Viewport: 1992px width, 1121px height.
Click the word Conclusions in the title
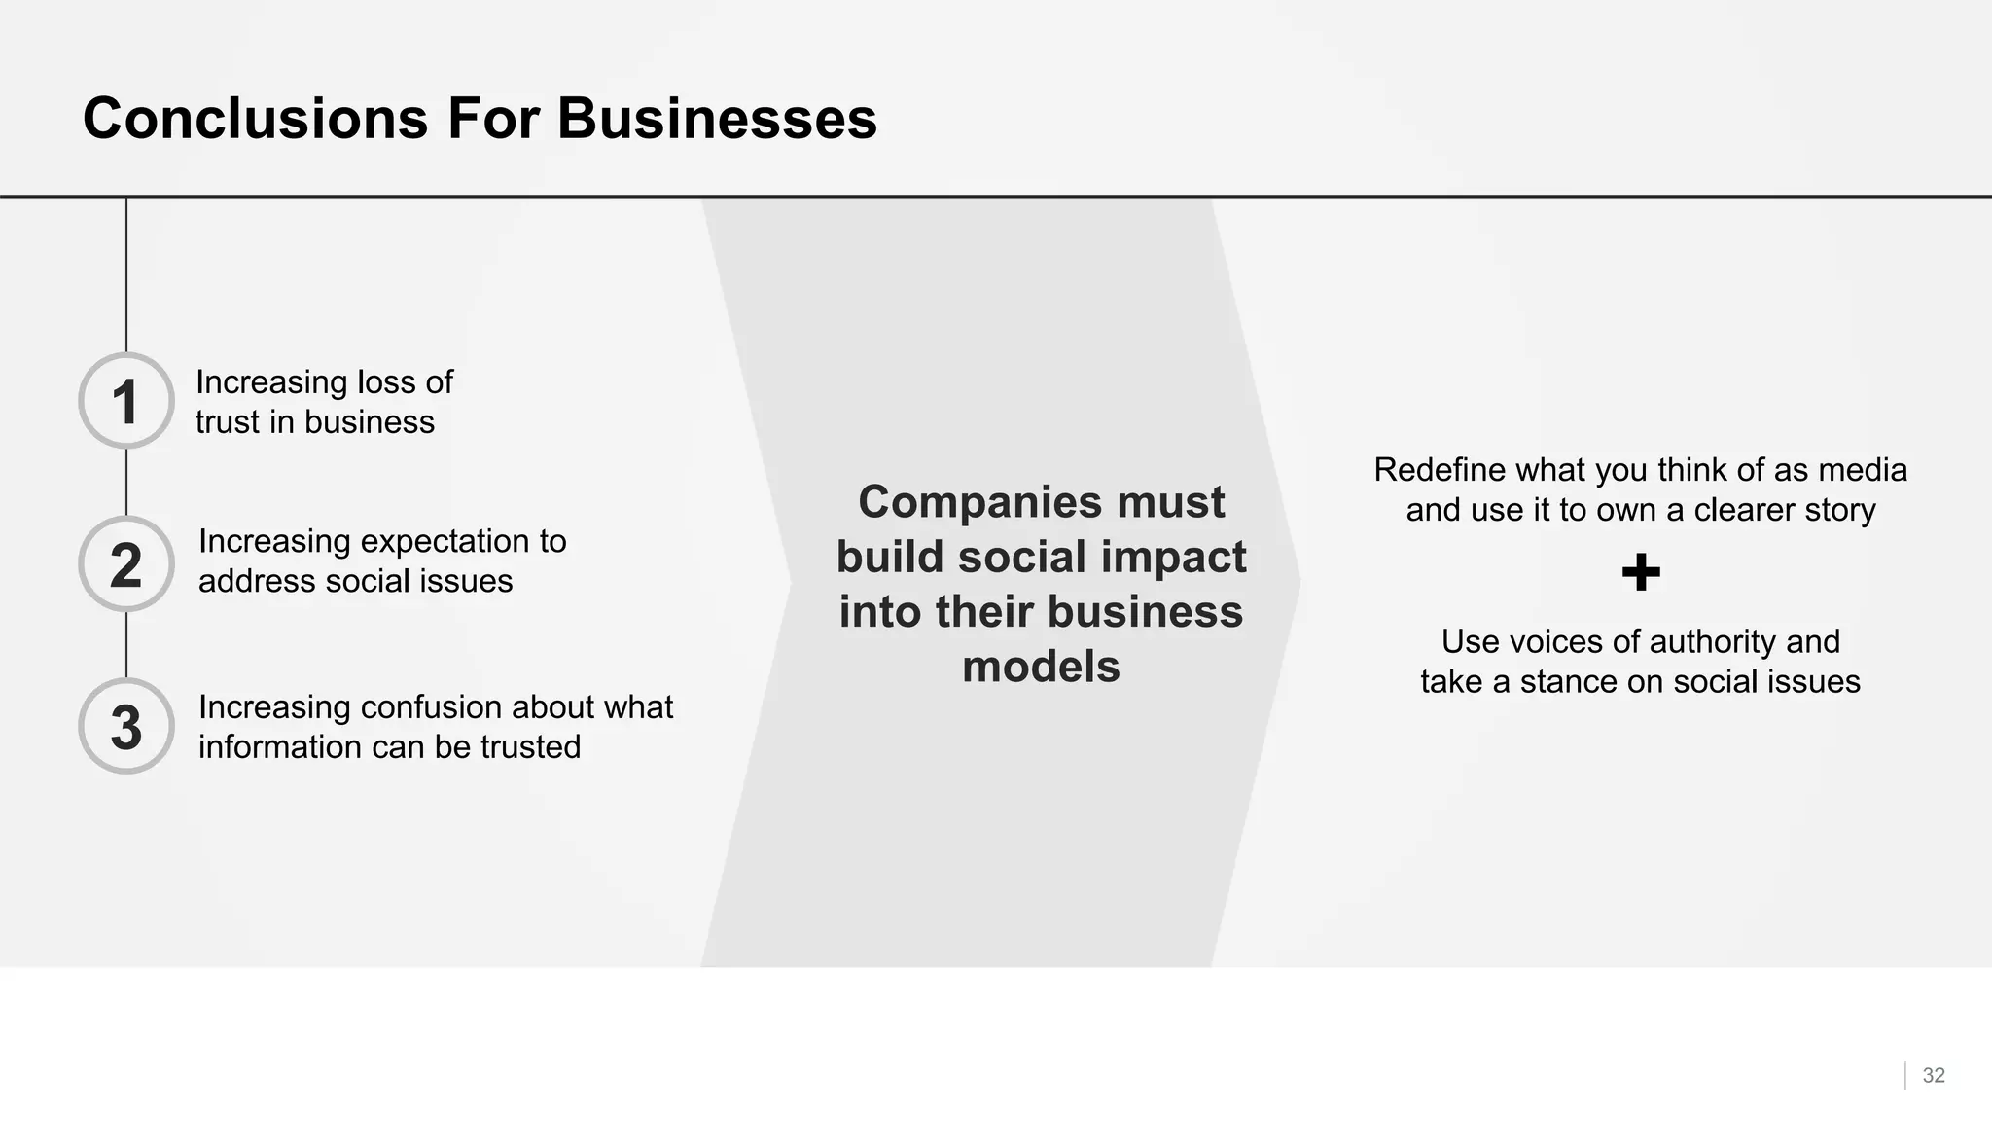pos(255,119)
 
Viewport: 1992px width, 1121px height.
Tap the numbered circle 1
pos(126,401)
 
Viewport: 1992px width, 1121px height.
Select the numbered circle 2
pos(126,564)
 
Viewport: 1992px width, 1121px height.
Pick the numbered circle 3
pos(126,727)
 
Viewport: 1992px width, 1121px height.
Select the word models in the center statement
pos(1041,668)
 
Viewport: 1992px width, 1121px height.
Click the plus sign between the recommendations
pos(1641,572)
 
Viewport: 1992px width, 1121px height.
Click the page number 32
pos(1934,1075)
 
